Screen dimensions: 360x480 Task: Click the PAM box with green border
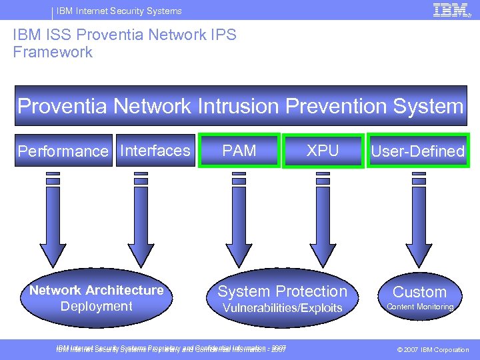[239, 151]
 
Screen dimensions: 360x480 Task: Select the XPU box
[323, 151]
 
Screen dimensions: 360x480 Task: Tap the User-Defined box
[417, 151]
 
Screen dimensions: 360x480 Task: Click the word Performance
[62, 151]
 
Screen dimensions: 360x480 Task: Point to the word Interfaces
[155, 151]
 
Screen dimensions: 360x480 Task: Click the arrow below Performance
[53, 220]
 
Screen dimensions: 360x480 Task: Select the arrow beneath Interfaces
[141, 220]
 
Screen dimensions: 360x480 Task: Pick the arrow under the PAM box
[235, 220]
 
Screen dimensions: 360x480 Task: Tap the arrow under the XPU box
[323, 220]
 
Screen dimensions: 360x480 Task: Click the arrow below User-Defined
[419, 220]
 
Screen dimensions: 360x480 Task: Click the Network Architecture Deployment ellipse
[97, 298]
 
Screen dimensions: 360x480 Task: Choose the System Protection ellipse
[282, 298]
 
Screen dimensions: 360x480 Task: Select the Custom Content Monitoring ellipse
[419, 298]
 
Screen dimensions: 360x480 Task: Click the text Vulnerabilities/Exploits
[282, 307]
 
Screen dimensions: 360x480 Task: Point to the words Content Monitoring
[420, 307]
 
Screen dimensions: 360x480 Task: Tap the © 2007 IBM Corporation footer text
[433, 349]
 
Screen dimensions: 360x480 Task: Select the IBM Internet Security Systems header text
[119, 11]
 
